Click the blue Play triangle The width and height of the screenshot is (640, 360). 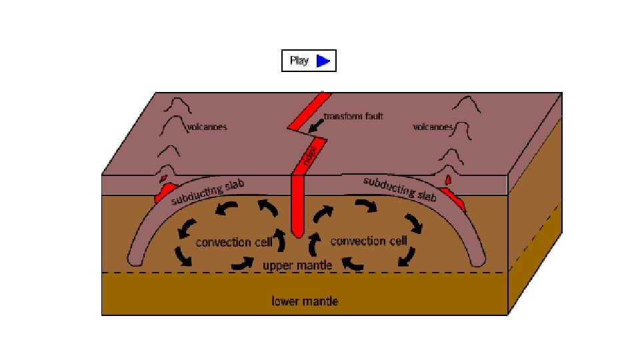tap(323, 61)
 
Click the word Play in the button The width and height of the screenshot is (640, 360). tap(299, 61)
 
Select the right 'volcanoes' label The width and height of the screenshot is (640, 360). tap(433, 126)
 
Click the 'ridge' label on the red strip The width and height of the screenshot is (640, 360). tap(309, 157)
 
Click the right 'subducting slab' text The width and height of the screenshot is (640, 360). tap(401, 189)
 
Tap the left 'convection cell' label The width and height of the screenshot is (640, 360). tap(225, 242)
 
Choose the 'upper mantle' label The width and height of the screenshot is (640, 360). tap(297, 265)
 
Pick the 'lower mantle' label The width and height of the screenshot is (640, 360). tap(305, 301)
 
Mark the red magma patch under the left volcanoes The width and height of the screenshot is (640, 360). tap(164, 193)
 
